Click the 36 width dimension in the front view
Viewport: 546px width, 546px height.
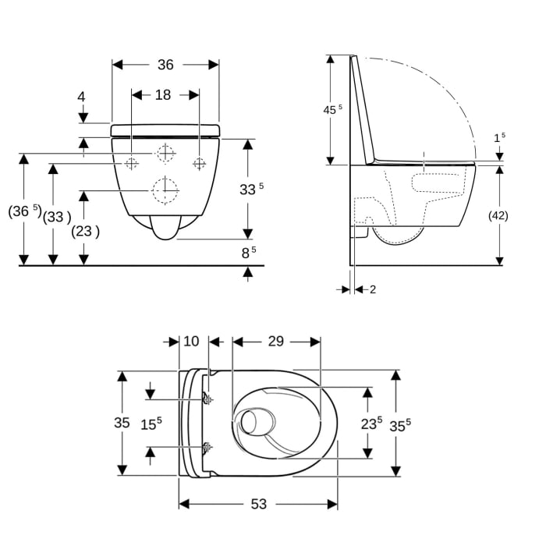[x=165, y=65]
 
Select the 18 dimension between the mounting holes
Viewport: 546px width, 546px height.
[x=162, y=94]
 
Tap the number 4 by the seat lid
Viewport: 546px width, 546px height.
[x=81, y=97]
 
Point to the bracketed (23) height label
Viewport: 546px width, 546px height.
[x=85, y=232]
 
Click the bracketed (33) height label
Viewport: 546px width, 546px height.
[x=56, y=216]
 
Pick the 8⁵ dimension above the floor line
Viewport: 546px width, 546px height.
[x=247, y=253]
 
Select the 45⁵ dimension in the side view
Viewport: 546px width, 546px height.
[x=332, y=110]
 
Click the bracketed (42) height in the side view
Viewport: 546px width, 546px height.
[x=498, y=216]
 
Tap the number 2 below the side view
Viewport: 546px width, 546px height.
[x=372, y=289]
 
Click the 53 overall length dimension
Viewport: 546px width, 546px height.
[x=259, y=505]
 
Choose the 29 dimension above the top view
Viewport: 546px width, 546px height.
[x=275, y=342]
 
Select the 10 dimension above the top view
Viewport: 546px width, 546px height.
[x=191, y=342]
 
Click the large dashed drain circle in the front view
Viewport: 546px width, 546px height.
[x=165, y=190]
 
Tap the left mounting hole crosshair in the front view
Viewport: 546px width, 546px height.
[x=132, y=163]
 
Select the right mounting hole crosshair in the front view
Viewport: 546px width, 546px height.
[x=199, y=163]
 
